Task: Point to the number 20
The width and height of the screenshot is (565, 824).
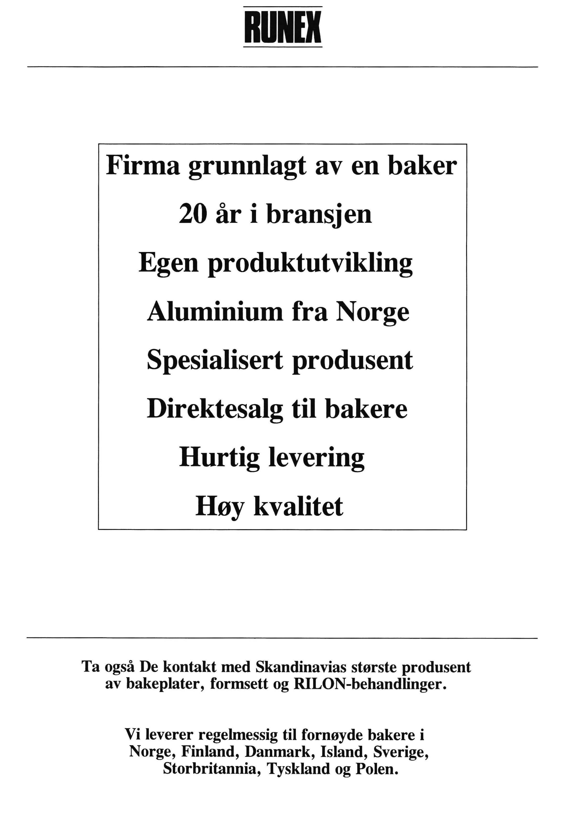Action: click(x=193, y=215)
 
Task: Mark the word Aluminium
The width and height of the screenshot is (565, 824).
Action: click(x=215, y=312)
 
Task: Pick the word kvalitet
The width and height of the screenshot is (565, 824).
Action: click(x=299, y=506)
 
